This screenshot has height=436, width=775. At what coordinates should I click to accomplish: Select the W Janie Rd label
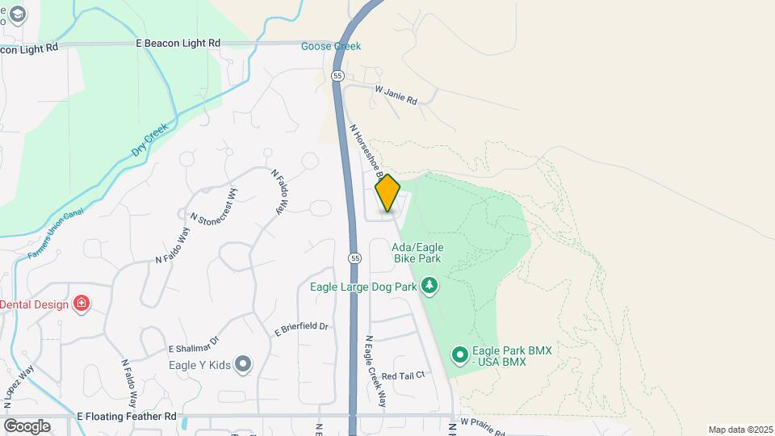point(396,96)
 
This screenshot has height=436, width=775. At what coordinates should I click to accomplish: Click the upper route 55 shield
point(337,75)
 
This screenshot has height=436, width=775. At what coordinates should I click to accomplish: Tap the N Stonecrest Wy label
point(214,207)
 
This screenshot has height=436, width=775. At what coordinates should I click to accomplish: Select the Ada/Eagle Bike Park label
point(417,254)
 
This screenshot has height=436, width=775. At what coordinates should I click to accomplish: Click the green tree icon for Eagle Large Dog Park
point(430,285)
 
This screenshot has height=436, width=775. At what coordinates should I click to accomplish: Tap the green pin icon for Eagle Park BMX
point(459,354)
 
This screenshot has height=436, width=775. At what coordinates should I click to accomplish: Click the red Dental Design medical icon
point(81,304)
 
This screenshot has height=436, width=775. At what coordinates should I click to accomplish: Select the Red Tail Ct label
point(403,375)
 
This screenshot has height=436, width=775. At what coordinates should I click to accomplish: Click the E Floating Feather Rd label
point(126,417)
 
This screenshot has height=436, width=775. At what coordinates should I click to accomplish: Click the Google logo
point(27,426)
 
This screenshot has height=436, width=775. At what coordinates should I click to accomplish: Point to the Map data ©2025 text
point(740,430)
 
